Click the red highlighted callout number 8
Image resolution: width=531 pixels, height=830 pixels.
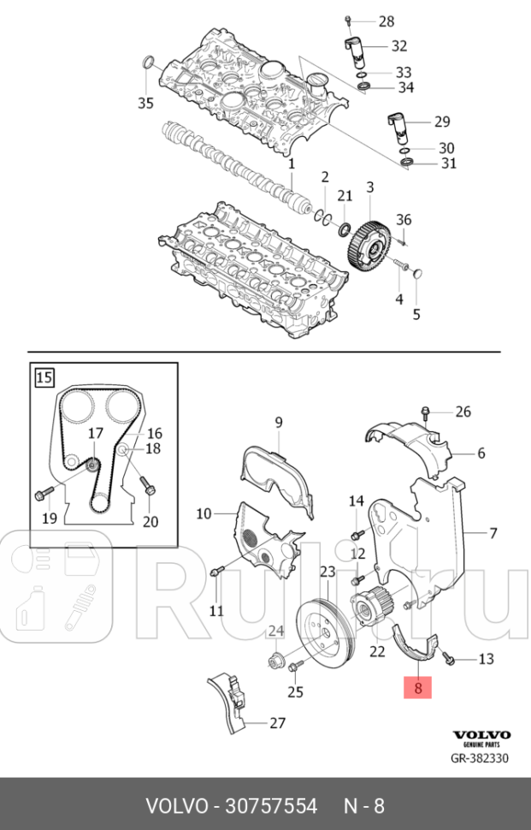pos(418,685)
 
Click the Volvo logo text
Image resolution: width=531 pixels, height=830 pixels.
pos(481,735)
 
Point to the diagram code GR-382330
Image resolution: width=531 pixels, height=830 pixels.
pos(481,758)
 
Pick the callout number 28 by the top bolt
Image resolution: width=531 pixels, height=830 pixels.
pos(386,21)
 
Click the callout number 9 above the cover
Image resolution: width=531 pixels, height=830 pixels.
pos(278,421)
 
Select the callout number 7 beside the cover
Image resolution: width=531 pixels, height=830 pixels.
pos(493,534)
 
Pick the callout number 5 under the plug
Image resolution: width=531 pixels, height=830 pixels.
pos(416,314)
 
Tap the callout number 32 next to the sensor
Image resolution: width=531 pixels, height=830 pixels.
pos(398,45)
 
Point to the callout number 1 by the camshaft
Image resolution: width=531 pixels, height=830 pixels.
pos(291,163)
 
